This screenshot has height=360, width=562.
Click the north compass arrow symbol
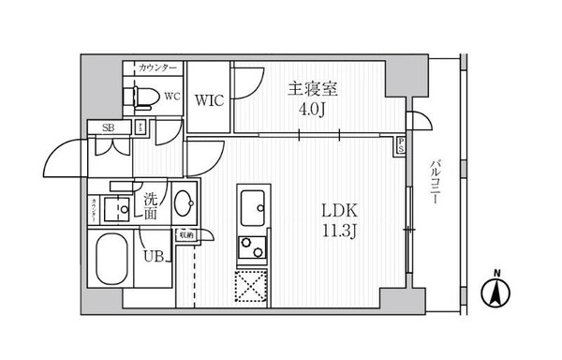tap(496, 292)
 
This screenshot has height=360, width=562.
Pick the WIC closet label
tap(208, 101)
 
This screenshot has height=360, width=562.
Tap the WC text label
tap(171, 97)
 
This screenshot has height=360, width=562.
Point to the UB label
tap(153, 253)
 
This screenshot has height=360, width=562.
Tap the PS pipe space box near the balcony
tap(401, 145)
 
